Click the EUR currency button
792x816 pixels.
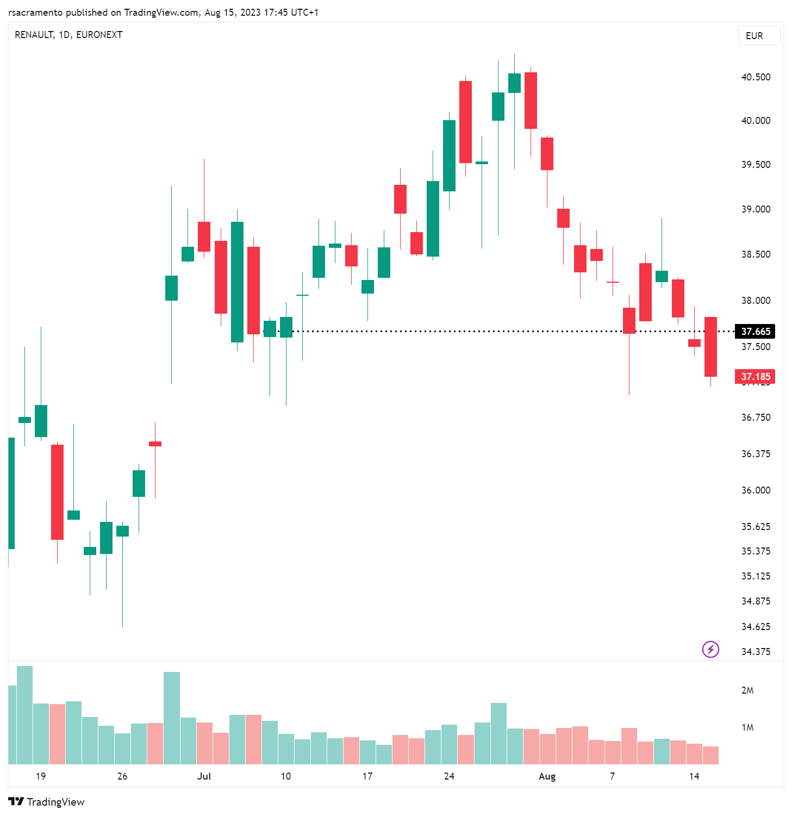coord(758,36)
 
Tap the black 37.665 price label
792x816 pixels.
coord(755,331)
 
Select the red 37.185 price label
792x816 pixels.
coord(755,376)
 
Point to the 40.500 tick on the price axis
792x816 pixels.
coord(756,77)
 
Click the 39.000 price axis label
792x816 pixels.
coord(756,209)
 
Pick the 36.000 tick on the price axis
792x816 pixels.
coord(756,490)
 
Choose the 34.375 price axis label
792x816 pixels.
coord(756,652)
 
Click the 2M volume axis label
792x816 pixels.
coord(747,690)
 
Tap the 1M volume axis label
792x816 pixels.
coord(747,727)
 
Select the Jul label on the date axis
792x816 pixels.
coord(204,776)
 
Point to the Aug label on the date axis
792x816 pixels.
coord(547,776)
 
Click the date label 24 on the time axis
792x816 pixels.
coord(449,776)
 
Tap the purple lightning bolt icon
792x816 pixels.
coord(710,649)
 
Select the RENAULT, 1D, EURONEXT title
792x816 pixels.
coord(68,35)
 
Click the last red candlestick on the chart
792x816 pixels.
coord(710,347)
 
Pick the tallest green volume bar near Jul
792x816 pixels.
coord(172,718)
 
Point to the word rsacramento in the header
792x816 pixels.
coord(35,13)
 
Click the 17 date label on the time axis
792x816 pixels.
coord(367,776)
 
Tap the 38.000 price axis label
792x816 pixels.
coord(756,301)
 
